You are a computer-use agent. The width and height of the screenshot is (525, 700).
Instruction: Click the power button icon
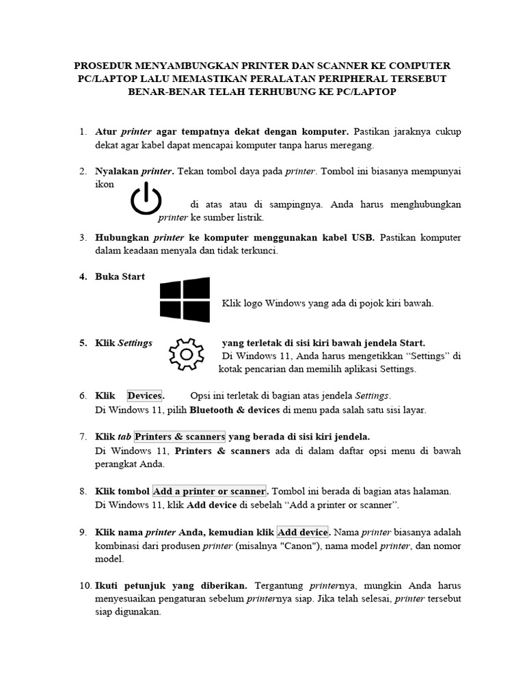146,198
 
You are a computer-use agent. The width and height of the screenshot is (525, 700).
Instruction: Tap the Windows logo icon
185,299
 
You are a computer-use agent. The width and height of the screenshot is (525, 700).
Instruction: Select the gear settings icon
185,353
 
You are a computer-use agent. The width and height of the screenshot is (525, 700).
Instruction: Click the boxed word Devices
145,396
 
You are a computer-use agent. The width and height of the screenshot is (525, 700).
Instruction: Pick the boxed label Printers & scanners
180,436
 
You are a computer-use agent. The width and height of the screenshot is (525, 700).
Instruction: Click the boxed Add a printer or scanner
209,491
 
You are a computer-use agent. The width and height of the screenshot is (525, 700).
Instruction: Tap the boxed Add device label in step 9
303,531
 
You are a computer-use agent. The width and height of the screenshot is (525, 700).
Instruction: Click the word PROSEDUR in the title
103,66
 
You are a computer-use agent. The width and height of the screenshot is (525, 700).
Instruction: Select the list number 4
83,277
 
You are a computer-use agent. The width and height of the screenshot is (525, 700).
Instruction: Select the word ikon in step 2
105,185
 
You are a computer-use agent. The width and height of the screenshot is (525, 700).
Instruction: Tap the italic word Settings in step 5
135,342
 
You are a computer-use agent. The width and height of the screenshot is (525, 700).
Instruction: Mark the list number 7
83,436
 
